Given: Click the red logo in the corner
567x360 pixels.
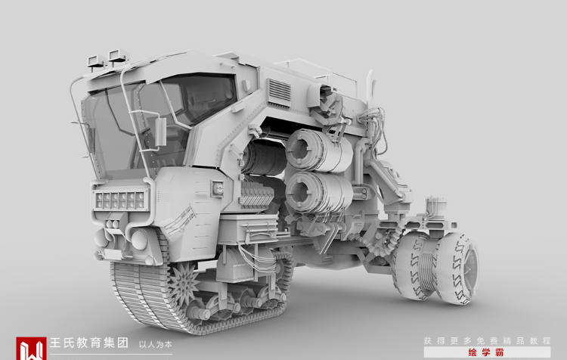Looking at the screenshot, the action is (x=31, y=349).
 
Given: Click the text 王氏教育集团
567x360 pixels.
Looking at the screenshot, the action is (x=89, y=343).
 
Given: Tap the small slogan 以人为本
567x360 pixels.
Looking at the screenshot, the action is (x=156, y=344).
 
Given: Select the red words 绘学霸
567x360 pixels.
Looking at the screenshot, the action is (x=486, y=352).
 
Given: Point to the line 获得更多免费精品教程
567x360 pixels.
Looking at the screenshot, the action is (x=487, y=341).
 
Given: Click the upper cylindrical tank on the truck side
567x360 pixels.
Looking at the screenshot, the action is (x=318, y=151).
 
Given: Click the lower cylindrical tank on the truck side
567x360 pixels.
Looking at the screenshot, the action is (x=318, y=193).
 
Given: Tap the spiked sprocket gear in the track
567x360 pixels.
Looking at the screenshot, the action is (x=184, y=284).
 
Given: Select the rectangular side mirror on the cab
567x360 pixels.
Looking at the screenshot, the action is (x=160, y=132).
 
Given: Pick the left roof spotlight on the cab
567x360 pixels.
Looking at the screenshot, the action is (x=96, y=61).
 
